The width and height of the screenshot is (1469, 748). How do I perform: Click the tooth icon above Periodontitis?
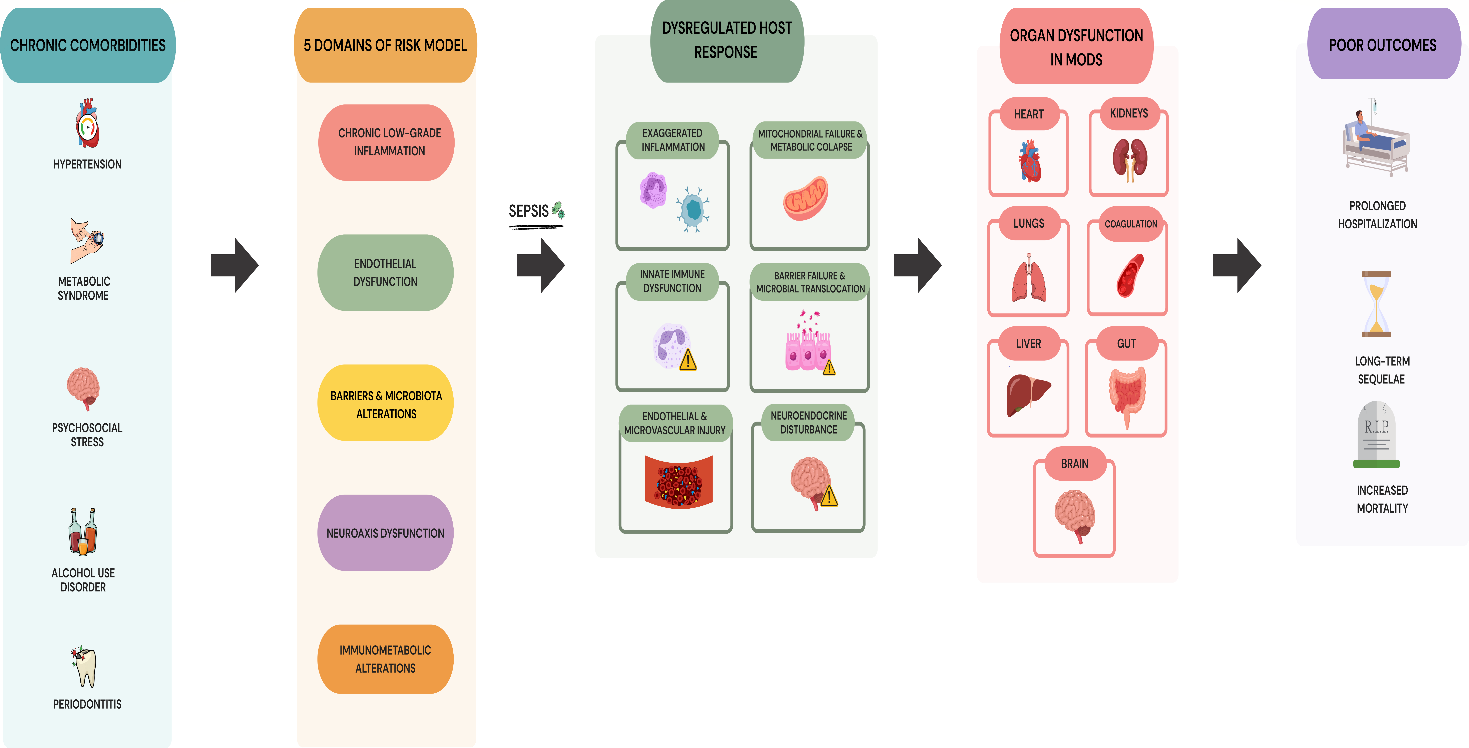84,666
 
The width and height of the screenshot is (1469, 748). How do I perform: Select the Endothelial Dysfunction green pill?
386,273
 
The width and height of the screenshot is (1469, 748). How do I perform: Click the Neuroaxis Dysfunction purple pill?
386,533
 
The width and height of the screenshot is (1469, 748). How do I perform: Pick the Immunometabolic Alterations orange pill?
386,659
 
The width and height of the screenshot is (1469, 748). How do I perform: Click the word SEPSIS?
529,211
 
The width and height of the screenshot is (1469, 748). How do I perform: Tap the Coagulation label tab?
1131,224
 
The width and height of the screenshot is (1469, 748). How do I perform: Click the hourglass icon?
1377,304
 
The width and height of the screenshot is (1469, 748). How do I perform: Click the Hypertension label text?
87,164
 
